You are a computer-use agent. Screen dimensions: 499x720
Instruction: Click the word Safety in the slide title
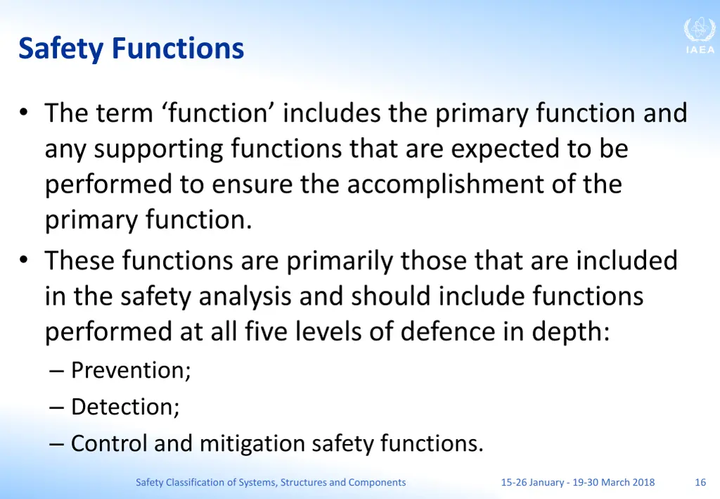(62, 49)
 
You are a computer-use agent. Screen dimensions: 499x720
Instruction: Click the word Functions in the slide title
(178, 49)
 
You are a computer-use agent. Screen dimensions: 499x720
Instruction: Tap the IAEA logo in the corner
(699, 35)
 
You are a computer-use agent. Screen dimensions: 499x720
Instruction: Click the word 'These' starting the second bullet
(79, 260)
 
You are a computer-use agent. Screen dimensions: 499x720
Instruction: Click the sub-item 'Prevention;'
(131, 369)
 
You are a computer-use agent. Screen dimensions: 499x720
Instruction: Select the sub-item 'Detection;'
(125, 407)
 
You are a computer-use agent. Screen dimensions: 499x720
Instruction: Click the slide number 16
(700, 482)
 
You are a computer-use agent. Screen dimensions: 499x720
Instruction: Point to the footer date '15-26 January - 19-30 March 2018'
(577, 482)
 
